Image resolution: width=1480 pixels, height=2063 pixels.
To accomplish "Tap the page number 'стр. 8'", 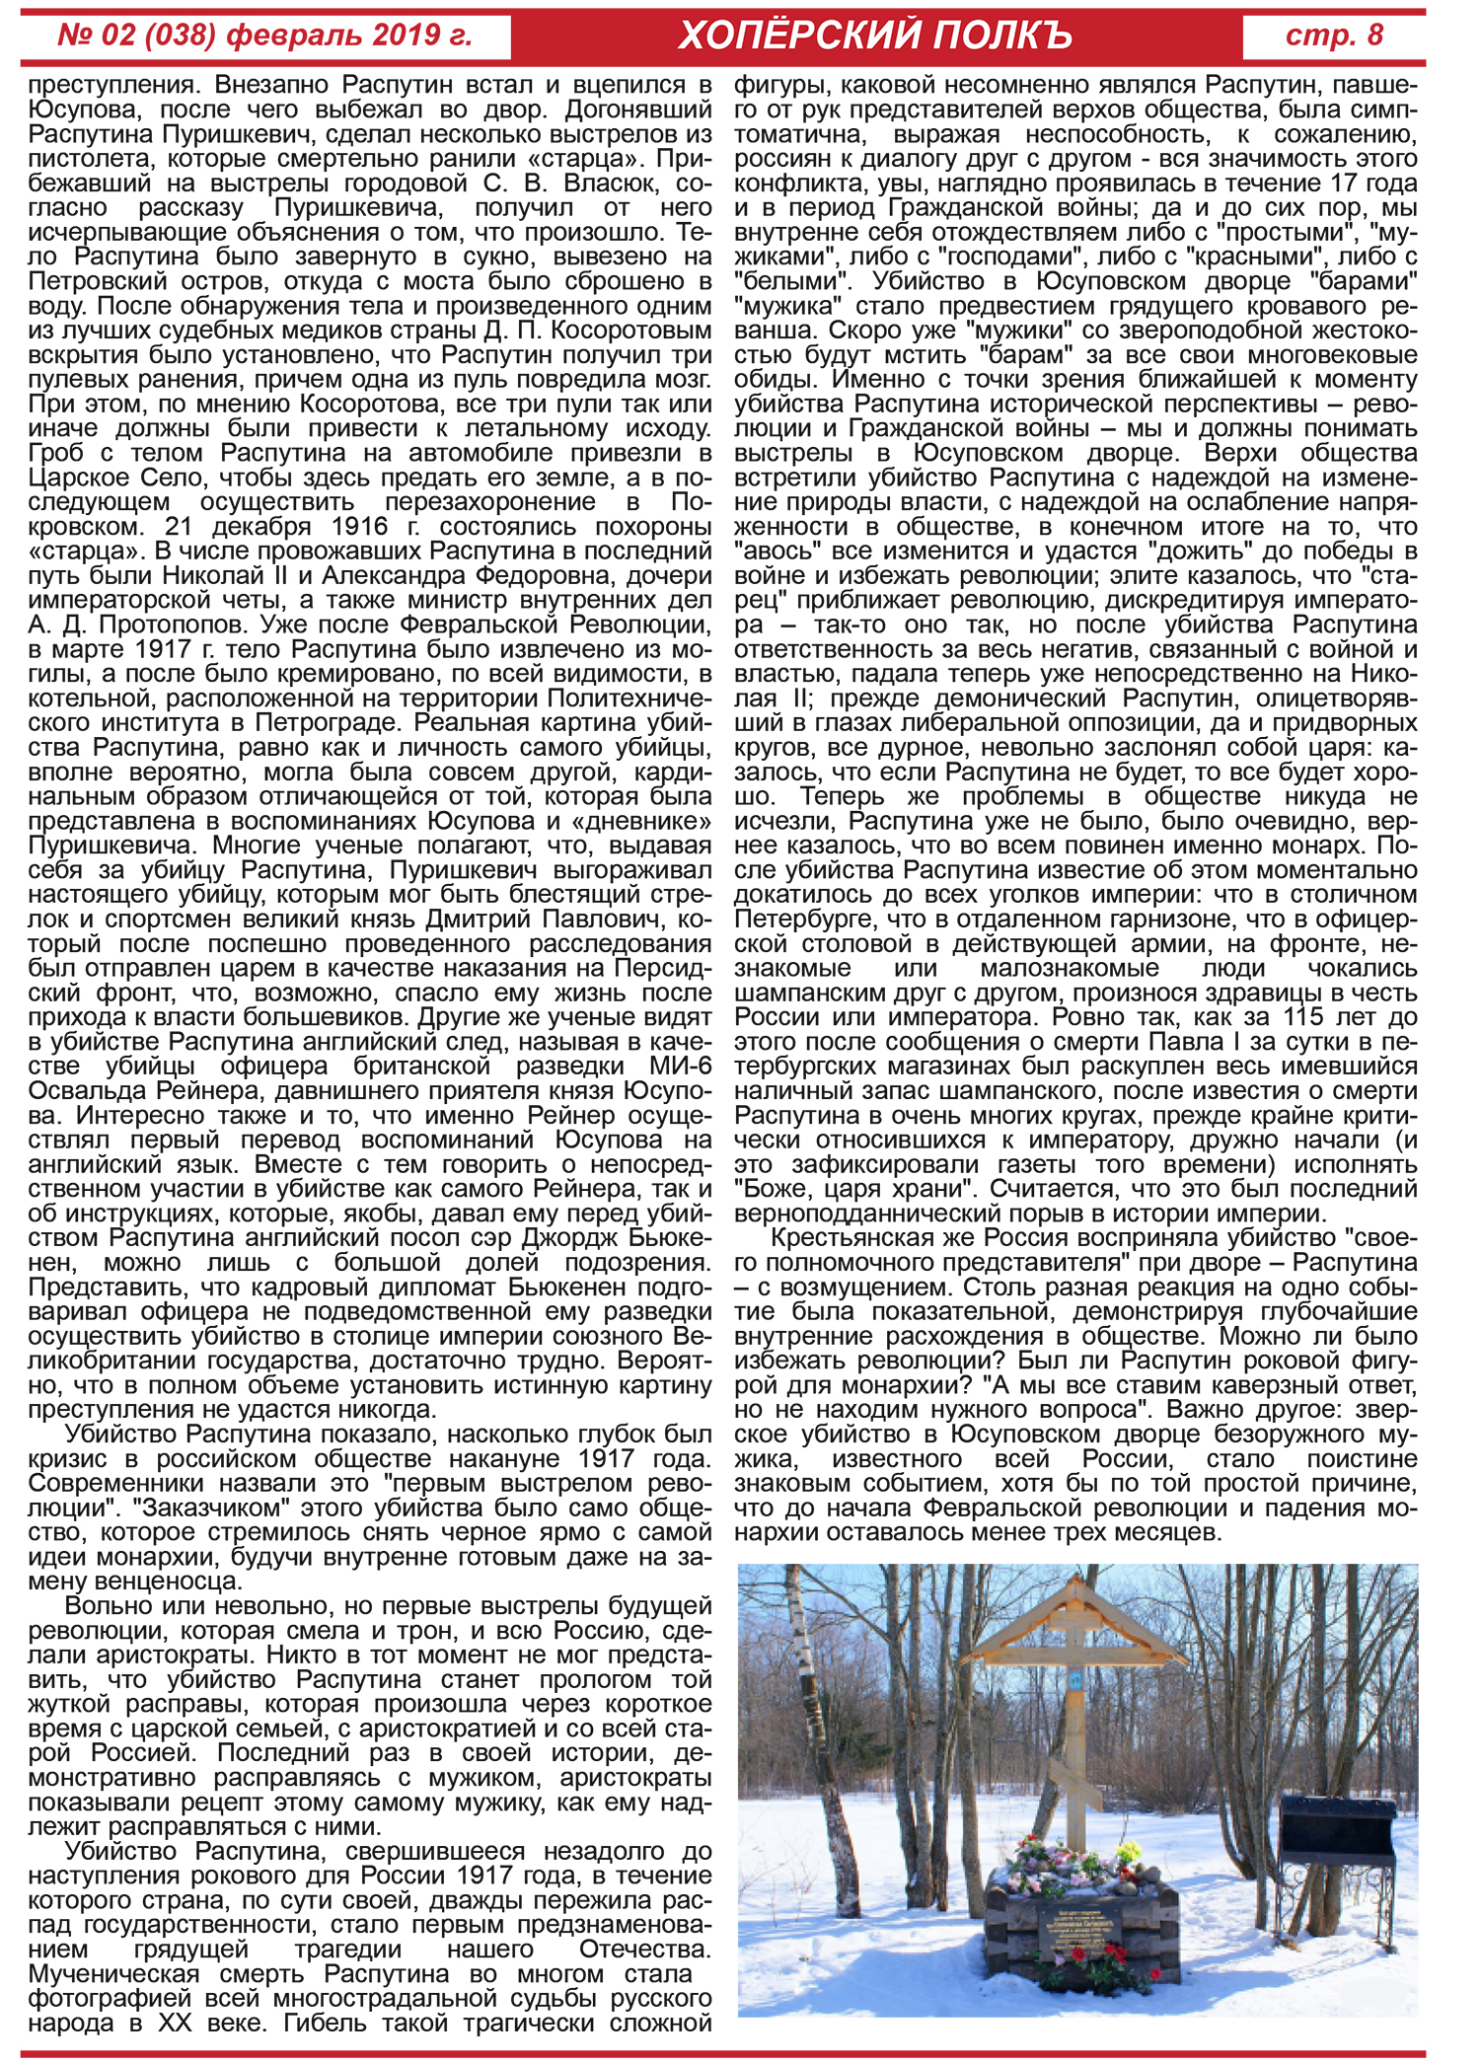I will coord(1334,37).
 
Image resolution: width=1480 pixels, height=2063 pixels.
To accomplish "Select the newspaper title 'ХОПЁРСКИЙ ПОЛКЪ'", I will coord(875,37).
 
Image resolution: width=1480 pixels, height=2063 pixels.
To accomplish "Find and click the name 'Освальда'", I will coord(87,1091).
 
